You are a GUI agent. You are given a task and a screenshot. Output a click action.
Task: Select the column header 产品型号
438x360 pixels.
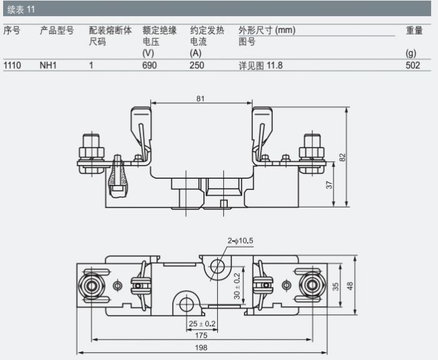(57, 30)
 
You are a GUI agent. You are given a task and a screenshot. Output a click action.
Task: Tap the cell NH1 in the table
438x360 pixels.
(48, 65)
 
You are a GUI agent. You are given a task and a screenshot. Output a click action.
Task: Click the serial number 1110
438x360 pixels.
(13, 65)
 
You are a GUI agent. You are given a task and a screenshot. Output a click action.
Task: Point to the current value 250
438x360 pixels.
(197, 65)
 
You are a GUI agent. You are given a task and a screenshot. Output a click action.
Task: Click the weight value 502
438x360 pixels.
(412, 65)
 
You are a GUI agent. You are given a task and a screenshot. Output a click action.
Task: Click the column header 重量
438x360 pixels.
(414, 30)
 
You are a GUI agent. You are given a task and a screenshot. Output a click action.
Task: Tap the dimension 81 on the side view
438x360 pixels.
(200, 98)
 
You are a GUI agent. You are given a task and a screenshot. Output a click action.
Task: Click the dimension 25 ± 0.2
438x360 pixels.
(202, 323)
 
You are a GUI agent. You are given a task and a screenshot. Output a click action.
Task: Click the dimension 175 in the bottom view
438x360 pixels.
(201, 335)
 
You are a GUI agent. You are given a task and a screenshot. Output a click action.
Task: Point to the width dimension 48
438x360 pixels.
(350, 286)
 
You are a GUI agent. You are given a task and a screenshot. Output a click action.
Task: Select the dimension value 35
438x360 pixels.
(335, 286)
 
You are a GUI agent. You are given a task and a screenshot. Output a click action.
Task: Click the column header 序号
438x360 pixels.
(12, 30)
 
